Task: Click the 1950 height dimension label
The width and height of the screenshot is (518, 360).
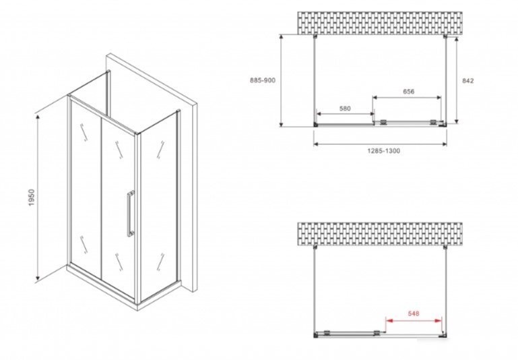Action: pyautogui.click(x=32, y=198)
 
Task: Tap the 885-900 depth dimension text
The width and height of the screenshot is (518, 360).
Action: pyautogui.click(x=262, y=80)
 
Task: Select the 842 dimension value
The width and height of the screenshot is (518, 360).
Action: pyautogui.click(x=467, y=81)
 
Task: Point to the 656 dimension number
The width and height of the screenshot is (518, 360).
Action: pyautogui.click(x=409, y=92)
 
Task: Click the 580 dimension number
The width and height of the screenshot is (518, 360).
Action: pyautogui.click(x=345, y=109)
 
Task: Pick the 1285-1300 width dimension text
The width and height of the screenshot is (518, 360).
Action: pyautogui.click(x=384, y=151)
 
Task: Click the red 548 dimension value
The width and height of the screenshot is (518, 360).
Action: pyautogui.click(x=414, y=313)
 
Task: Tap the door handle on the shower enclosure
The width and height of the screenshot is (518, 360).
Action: pyautogui.click(x=131, y=214)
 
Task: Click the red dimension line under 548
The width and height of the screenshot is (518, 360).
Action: pyautogui.click(x=414, y=320)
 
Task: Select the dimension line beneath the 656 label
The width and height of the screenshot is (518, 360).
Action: pyautogui.click(x=407, y=98)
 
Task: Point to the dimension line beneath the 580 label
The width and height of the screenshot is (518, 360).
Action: pyautogui.click(x=346, y=114)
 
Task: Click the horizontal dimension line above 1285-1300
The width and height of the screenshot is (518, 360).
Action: pyautogui.click(x=380, y=144)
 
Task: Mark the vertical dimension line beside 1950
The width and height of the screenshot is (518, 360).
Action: pyautogui.click(x=38, y=198)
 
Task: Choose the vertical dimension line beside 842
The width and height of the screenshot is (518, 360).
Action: pyautogui.click(x=457, y=80)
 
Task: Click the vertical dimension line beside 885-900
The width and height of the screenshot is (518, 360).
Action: pyautogui.click(x=281, y=80)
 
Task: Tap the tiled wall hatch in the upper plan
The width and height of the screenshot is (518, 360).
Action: pyautogui.click(x=380, y=23)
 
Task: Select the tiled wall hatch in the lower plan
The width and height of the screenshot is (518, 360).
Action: pyautogui.click(x=380, y=234)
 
